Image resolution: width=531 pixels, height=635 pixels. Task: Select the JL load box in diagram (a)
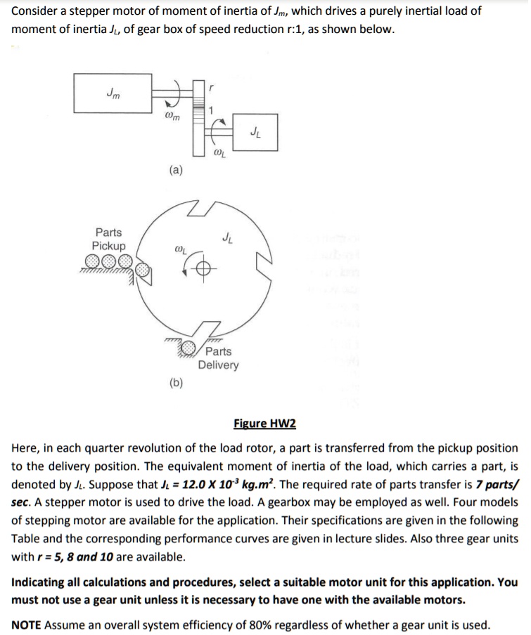(252, 132)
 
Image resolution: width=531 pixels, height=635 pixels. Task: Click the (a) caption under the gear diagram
(176, 169)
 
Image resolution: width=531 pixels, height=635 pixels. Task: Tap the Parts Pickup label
(109, 239)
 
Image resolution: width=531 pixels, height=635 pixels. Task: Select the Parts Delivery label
(218, 358)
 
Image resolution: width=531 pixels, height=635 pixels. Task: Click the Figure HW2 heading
(264, 424)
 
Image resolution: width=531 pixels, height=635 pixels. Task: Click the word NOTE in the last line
(27, 625)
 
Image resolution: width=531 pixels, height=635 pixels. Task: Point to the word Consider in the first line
(35, 11)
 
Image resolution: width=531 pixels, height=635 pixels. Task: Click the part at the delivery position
(188, 347)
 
